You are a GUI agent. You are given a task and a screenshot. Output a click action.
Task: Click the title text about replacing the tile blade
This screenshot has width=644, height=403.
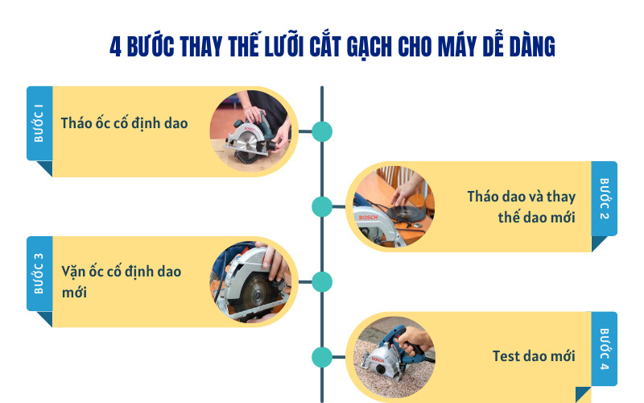pos(332,47)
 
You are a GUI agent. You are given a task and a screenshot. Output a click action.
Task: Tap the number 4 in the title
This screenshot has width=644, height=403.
pos(115,47)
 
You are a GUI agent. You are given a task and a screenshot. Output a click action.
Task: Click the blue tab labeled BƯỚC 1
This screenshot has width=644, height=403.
pos(39,123)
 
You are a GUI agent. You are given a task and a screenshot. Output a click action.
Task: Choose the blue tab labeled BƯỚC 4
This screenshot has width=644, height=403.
pos(605,349)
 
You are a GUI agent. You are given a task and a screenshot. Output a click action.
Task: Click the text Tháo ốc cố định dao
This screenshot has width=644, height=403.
pos(124,123)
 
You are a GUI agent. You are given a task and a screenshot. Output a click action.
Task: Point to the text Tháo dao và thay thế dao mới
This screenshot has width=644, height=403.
pos(522,206)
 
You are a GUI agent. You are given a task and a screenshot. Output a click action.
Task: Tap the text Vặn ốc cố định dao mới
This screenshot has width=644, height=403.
pos(122,281)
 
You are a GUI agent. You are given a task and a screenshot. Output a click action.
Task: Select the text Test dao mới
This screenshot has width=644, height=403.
pos(534,355)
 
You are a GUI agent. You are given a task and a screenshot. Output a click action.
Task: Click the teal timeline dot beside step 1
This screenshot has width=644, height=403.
pos(322,131)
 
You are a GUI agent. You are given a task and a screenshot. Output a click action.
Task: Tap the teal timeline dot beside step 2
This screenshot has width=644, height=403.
pos(322,206)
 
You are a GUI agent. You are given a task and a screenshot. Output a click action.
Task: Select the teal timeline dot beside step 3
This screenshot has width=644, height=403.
pos(322,281)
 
